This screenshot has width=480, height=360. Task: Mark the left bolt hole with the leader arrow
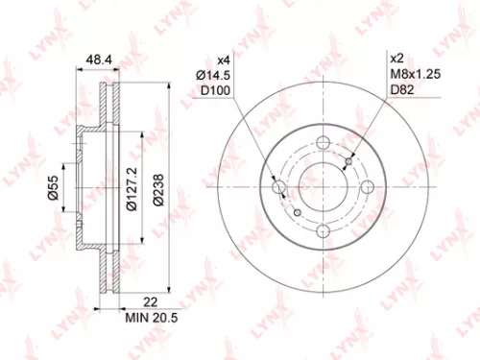click(x=279, y=188)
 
